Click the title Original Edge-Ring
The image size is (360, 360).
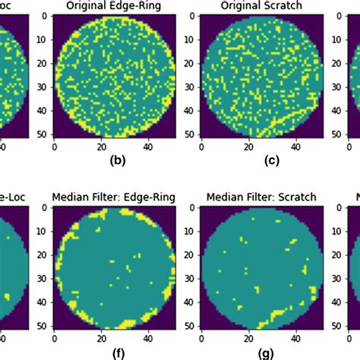(113, 5)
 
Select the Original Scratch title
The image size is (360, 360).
(261, 5)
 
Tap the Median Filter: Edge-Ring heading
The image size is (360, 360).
(113, 197)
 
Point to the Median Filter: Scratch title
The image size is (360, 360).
(261, 197)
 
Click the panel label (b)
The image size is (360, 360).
(117, 160)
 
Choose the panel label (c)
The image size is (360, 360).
(263, 160)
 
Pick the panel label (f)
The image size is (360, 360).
(117, 352)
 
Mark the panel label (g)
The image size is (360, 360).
(263, 352)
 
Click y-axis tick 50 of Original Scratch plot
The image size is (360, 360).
(191, 134)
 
